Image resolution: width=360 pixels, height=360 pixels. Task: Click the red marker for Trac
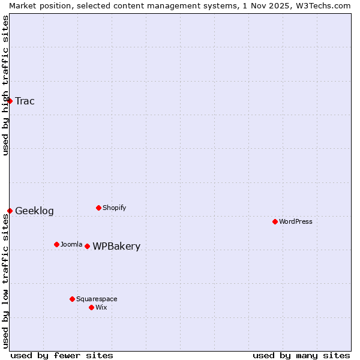tap(10, 101)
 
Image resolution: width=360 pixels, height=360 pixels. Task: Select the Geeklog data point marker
tap(10, 211)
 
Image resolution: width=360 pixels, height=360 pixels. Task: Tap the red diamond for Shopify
tap(98, 208)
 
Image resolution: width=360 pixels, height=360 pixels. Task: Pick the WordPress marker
tap(275, 221)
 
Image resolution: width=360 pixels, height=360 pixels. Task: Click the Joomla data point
tap(56, 244)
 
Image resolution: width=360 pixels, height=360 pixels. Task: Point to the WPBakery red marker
tap(87, 246)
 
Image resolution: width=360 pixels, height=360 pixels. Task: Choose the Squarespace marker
tap(72, 299)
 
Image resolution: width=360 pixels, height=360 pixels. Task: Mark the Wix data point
tap(91, 307)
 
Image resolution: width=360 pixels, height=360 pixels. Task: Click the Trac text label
tap(25, 101)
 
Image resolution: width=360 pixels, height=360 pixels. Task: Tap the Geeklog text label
tap(34, 211)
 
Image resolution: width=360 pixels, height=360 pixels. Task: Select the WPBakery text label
tap(116, 246)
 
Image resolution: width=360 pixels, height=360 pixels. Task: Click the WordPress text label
tap(296, 221)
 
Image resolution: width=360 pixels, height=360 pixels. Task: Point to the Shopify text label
tap(114, 208)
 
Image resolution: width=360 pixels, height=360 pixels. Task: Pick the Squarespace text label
tap(97, 299)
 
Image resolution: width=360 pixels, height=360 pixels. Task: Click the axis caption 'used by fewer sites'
tap(62, 355)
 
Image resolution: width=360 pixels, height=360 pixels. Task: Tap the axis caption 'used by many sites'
tap(301, 355)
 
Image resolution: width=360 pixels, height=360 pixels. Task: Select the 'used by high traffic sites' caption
tap(5, 85)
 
